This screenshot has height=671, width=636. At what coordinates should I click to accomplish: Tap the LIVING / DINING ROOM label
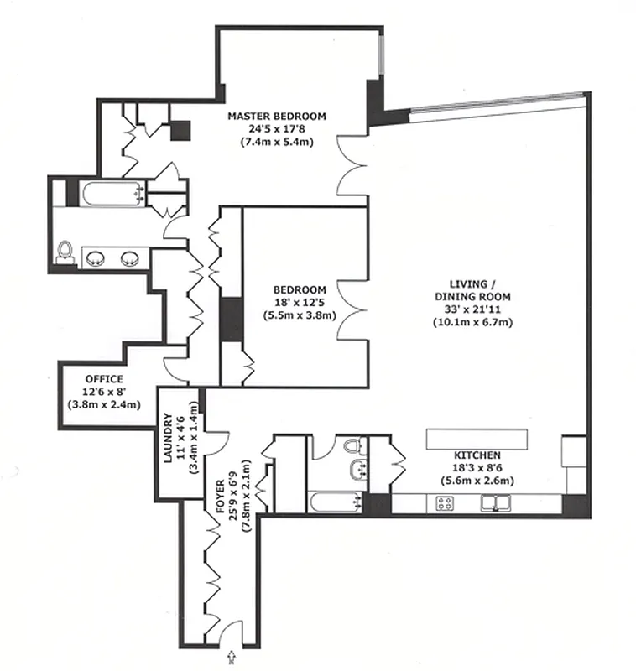click(x=472, y=289)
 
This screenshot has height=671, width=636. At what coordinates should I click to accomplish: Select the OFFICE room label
click(x=104, y=379)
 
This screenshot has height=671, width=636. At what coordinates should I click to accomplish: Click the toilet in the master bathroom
click(x=65, y=251)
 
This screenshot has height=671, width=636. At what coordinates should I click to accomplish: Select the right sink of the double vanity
click(x=130, y=257)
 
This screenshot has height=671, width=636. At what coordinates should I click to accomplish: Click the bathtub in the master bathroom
click(x=109, y=195)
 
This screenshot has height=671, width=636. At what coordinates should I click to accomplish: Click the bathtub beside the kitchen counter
click(x=333, y=503)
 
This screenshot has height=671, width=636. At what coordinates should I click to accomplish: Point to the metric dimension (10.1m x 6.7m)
click(x=472, y=322)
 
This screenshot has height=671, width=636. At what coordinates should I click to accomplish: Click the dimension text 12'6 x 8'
click(x=104, y=391)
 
